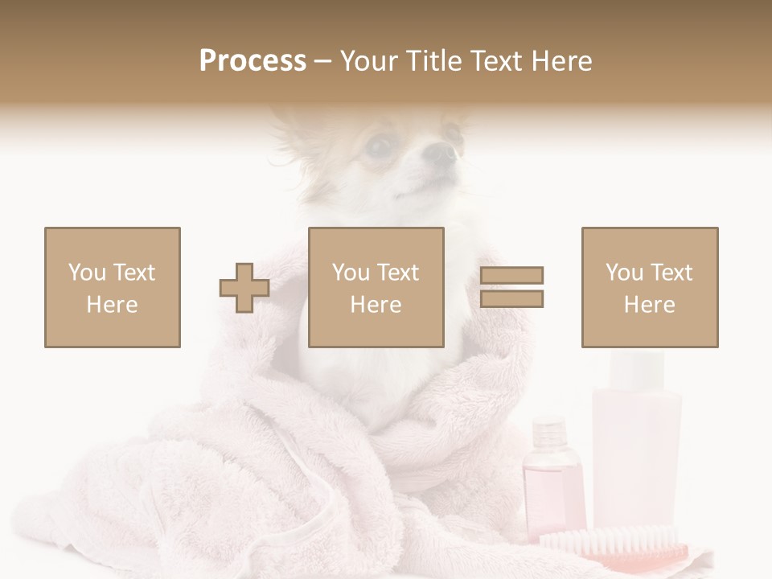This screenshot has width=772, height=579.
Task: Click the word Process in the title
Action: pos(253,61)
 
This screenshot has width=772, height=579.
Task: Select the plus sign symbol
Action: pos(244,288)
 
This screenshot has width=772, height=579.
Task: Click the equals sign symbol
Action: pos(512,287)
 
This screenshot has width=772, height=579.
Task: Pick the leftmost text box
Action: pos(113,287)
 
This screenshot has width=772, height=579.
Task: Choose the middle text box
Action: pos(376,287)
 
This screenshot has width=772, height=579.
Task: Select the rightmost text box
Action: pos(650,287)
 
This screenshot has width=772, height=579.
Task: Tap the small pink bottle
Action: pos(553,482)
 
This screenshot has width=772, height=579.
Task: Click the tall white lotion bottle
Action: pos(635,450)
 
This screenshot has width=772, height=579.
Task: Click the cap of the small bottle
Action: pos(549,430)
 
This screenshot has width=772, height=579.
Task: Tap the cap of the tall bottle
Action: pos(637,368)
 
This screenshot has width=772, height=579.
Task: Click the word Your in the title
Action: pos(369,61)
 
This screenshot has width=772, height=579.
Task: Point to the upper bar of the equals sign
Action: pos(512,275)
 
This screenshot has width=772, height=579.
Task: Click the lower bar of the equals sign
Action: pos(512,299)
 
